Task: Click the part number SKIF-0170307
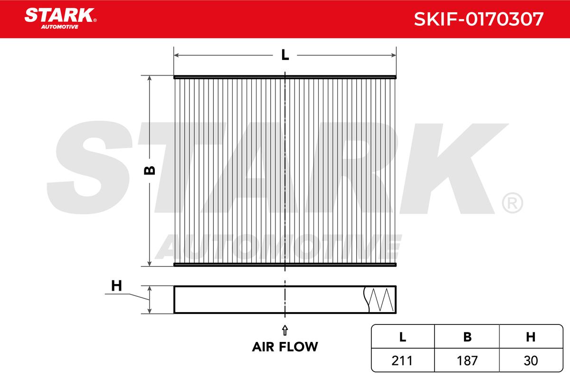(x=479, y=19)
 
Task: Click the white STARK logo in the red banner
(x=60, y=15)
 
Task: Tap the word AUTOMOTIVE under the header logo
(x=60, y=27)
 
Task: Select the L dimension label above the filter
(x=285, y=55)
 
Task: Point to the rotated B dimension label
(x=149, y=170)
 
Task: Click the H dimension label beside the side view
(x=116, y=286)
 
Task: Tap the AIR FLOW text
(x=285, y=347)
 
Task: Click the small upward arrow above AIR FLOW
(x=285, y=331)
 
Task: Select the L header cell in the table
(x=403, y=337)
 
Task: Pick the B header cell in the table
(x=467, y=337)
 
